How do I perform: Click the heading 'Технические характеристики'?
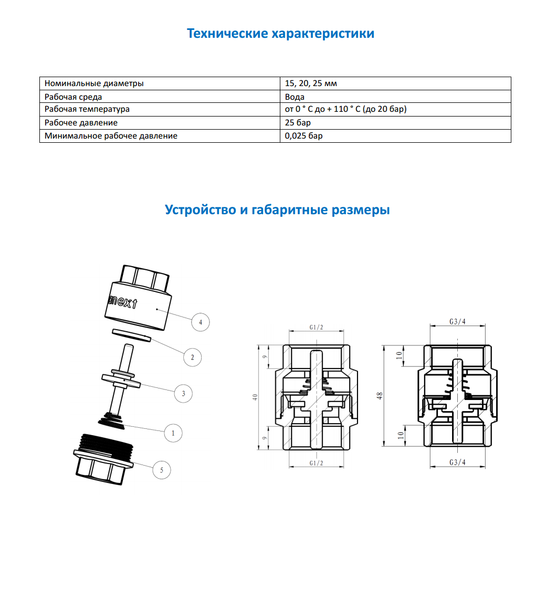(280, 34)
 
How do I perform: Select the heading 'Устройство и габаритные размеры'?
(277, 210)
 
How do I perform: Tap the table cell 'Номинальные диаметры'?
(94, 83)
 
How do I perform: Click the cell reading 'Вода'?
(295, 97)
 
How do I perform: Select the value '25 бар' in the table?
(298, 123)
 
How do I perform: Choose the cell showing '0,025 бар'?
(303, 136)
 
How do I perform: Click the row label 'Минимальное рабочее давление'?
(111, 136)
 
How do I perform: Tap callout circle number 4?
(201, 322)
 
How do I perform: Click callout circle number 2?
(193, 357)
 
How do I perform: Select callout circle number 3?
(183, 393)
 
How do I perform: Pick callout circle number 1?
(173, 434)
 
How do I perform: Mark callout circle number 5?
(162, 470)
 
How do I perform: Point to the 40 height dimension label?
(256, 397)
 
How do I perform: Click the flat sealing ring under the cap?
(131, 335)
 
